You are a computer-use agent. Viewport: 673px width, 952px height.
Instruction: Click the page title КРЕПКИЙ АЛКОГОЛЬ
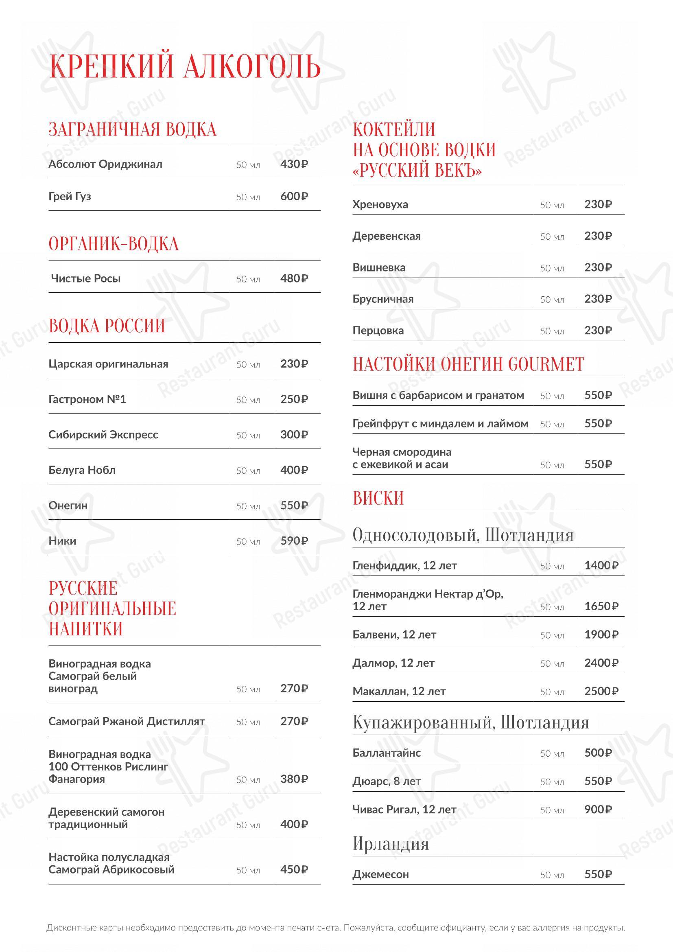[x=185, y=66]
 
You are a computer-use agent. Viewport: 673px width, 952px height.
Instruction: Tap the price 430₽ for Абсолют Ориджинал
[x=294, y=164]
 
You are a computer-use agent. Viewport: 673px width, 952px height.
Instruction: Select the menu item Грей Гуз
[x=70, y=196]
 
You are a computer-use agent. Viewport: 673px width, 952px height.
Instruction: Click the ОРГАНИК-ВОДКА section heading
[x=114, y=244]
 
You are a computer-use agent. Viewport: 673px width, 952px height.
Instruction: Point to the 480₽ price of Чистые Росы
[x=294, y=278]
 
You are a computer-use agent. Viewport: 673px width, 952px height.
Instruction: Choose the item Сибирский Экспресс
[x=103, y=435]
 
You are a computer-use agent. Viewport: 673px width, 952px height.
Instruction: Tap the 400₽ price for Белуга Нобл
[x=294, y=470]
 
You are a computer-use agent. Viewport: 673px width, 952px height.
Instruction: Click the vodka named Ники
[x=62, y=541]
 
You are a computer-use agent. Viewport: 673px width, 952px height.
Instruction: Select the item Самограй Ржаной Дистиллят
[x=127, y=722]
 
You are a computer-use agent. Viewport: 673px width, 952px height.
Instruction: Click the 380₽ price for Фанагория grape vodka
[x=294, y=779]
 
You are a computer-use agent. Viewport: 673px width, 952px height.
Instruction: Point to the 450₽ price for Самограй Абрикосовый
[x=294, y=869]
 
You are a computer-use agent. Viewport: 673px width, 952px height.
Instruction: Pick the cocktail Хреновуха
[x=380, y=204]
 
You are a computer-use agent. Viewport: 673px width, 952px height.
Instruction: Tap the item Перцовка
[x=378, y=330]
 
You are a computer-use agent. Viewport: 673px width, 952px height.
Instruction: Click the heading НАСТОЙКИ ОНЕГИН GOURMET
[x=468, y=364]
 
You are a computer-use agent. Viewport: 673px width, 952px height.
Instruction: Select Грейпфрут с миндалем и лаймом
[x=440, y=423]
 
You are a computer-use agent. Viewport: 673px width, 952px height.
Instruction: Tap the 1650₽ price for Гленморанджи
[x=601, y=606]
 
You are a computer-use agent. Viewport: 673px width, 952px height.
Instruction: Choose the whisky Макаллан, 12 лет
[x=399, y=691]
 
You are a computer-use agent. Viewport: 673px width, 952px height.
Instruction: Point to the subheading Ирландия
[x=390, y=844]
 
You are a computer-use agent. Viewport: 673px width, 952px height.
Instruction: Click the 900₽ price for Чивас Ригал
[x=598, y=810]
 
